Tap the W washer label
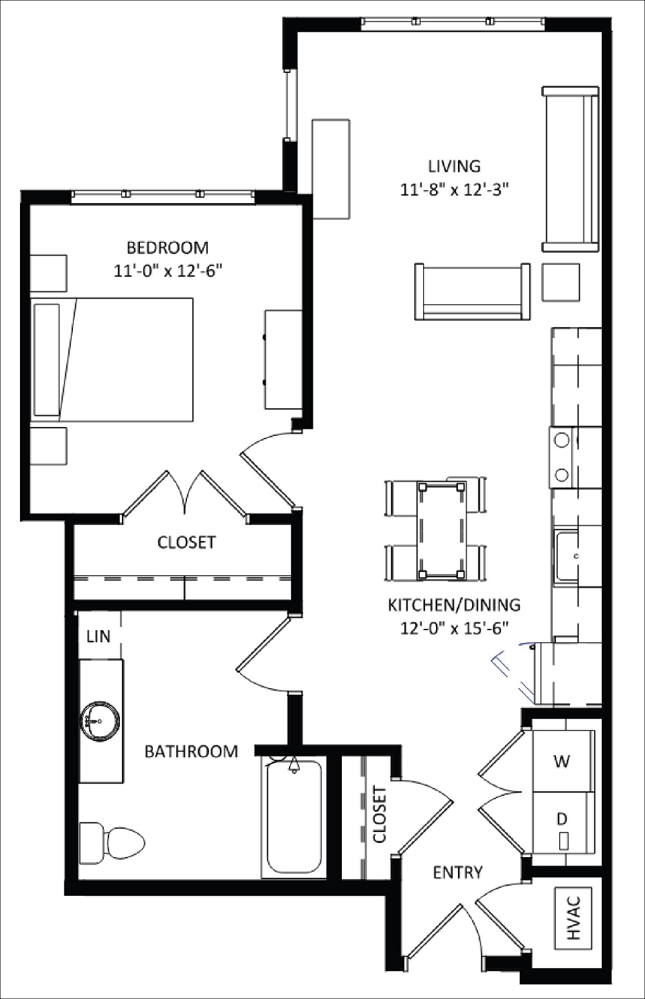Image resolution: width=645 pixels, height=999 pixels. [562, 761]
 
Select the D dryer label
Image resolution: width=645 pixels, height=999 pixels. [562, 819]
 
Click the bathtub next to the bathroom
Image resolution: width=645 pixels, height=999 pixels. [294, 818]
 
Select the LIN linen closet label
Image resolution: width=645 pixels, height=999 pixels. [98, 637]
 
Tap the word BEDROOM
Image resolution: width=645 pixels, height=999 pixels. [167, 248]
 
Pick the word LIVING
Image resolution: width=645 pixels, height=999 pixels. [454, 166]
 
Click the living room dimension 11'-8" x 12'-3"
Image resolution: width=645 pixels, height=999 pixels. [455, 189]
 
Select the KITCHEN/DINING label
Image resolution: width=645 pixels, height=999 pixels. [453, 605]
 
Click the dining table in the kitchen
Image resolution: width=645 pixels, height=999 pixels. [442, 529]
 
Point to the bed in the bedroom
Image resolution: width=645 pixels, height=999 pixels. [113, 359]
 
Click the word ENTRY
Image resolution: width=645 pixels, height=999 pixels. [457, 873]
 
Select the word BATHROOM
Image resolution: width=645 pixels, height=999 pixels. [191, 751]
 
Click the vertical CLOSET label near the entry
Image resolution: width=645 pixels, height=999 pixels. [379, 815]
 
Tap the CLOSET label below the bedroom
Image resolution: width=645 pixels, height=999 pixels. [186, 542]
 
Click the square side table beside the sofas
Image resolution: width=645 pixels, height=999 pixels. [561, 282]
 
